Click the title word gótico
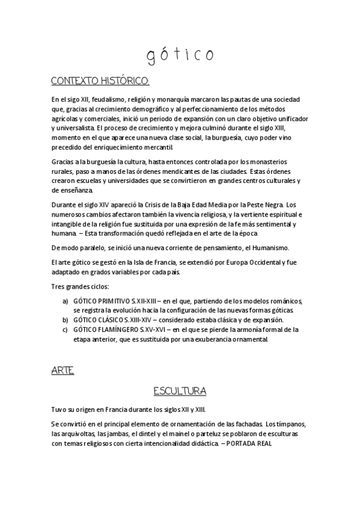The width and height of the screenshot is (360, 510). coord(180,55)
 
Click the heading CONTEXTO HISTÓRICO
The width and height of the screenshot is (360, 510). coord(99,81)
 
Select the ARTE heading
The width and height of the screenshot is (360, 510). coord(63,371)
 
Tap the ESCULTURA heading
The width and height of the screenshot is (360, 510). coord(180,392)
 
